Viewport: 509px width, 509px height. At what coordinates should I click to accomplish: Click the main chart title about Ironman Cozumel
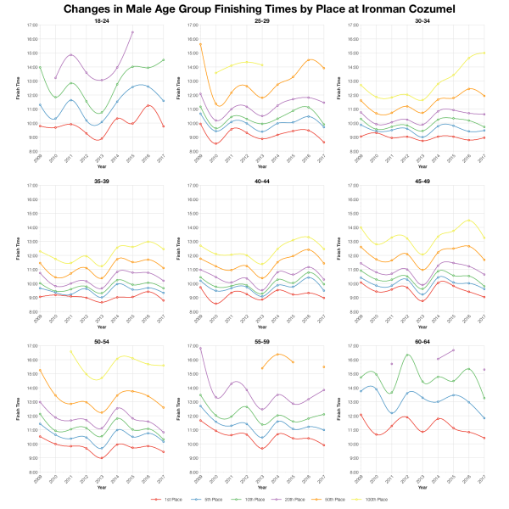click(255, 9)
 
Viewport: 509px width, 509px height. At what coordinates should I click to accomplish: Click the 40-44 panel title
click(255, 180)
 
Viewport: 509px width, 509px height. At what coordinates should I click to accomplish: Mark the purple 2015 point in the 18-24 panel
click(132, 31)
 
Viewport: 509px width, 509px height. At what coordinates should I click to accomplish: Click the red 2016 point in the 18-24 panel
click(148, 106)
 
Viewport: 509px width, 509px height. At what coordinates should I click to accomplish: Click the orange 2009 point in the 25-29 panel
click(200, 44)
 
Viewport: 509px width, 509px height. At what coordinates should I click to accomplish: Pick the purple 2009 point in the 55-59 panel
click(200, 349)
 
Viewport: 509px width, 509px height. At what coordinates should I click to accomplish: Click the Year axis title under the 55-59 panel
click(255, 488)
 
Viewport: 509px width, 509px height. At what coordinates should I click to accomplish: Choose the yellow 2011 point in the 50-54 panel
click(70, 351)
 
